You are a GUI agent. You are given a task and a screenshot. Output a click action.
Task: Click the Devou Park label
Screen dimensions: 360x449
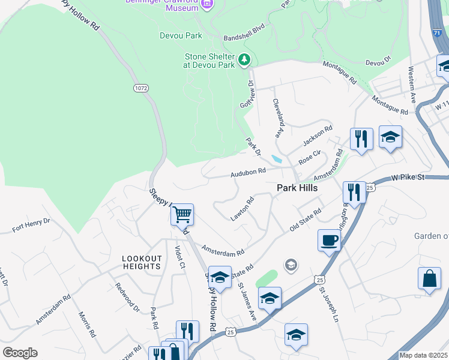click(181, 35)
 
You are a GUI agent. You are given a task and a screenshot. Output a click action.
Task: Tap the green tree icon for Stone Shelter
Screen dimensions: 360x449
click(244, 59)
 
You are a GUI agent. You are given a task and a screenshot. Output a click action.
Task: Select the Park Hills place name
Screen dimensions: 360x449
click(297, 188)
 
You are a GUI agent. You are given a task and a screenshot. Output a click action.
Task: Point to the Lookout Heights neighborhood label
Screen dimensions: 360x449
click(142, 262)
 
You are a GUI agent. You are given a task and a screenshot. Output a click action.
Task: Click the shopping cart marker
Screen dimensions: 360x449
click(182, 214)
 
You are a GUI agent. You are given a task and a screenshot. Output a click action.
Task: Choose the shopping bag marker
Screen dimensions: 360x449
click(430, 279)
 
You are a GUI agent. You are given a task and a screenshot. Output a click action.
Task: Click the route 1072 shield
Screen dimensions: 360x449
click(140, 88)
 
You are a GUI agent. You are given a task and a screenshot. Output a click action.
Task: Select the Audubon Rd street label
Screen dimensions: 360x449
click(249, 172)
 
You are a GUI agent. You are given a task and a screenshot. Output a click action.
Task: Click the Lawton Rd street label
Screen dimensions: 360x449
click(243, 209)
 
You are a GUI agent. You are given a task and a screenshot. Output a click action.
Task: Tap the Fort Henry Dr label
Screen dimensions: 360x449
click(31, 225)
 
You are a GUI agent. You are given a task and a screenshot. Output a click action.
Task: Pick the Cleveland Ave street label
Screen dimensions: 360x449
click(278, 118)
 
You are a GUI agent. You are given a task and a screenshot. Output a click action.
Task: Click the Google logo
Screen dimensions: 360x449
click(20, 353)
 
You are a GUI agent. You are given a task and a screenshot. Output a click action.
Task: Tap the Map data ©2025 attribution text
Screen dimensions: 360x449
click(423, 355)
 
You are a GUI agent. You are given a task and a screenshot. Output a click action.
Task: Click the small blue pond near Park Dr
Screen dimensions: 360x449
click(276, 159)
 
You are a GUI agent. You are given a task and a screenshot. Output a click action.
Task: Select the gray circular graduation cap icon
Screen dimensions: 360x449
click(291, 265)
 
